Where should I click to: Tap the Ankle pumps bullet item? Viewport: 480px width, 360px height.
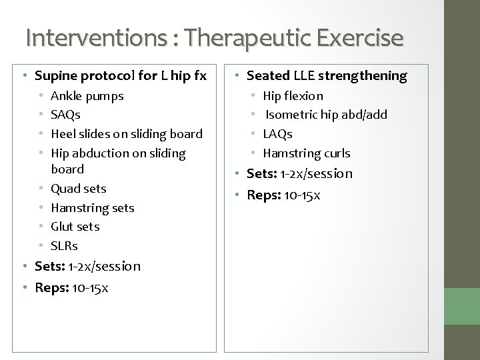87,96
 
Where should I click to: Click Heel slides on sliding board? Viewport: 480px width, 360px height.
126,134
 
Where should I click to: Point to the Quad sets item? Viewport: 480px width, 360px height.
78,189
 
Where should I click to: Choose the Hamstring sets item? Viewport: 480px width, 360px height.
92,208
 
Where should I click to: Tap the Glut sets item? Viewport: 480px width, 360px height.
75,227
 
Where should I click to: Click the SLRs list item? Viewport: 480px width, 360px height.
64,246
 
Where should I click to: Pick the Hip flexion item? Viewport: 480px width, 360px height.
293,96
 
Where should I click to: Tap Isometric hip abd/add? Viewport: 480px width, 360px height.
326,115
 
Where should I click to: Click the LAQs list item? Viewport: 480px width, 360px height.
278,134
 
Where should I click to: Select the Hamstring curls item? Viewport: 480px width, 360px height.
307,153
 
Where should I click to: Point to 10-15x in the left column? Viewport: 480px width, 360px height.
92,288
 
